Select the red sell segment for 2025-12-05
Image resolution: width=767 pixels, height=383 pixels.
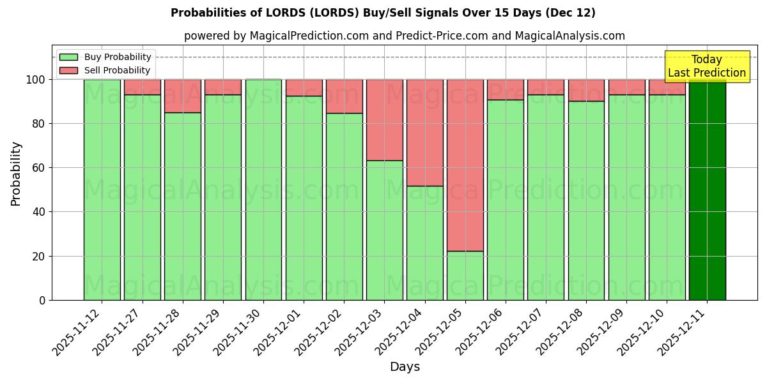[465, 165]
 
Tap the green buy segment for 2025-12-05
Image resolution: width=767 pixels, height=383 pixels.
[465, 275]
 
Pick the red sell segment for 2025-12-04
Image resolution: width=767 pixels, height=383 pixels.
[425, 133]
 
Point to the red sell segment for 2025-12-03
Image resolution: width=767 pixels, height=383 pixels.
[385, 120]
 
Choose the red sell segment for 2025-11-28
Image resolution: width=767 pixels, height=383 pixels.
[183, 96]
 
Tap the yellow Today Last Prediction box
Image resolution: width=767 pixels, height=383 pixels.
[707, 66]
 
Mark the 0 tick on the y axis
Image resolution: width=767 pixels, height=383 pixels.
[42, 300]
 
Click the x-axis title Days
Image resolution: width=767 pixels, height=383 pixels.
[405, 367]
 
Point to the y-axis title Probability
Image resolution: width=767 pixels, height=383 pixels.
[16, 174]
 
